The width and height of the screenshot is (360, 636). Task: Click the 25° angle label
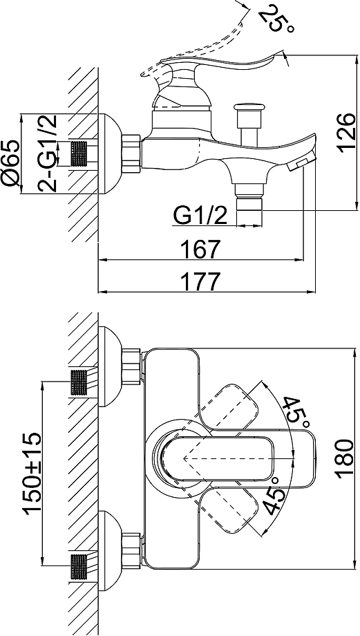click(x=277, y=19)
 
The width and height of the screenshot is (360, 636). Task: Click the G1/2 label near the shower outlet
click(x=200, y=216)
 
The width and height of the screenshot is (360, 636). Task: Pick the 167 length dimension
click(x=201, y=249)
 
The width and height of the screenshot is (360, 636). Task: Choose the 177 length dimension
click(x=201, y=281)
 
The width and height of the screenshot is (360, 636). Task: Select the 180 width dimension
click(x=347, y=458)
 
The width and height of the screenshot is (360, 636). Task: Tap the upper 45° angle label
click(x=295, y=412)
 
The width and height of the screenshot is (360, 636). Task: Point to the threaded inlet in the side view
click(x=79, y=153)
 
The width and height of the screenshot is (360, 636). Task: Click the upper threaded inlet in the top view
click(x=79, y=382)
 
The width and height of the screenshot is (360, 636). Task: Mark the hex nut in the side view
click(x=131, y=151)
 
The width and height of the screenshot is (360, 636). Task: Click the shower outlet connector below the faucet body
click(x=249, y=205)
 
